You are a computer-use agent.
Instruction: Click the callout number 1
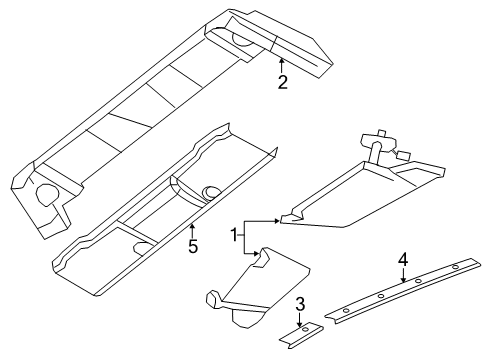click(236, 236)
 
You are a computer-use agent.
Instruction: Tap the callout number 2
click(283, 82)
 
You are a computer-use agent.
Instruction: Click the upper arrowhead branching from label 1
click(279, 219)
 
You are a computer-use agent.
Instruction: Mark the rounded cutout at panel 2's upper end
click(243, 40)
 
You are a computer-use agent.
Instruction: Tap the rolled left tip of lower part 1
click(212, 299)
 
